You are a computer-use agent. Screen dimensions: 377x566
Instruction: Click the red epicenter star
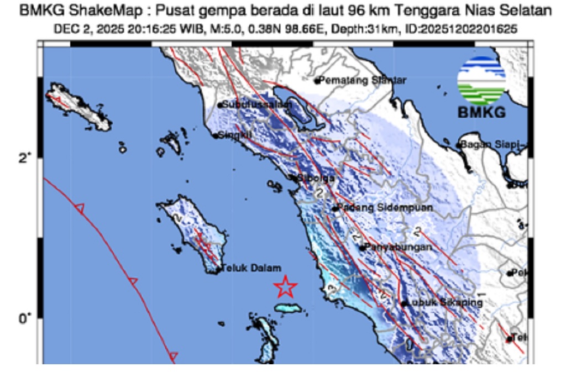click(286, 286)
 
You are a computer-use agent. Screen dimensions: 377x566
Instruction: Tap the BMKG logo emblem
click(481, 81)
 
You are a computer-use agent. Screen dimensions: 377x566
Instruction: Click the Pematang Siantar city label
click(363, 81)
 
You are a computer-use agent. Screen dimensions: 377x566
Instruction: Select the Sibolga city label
click(316, 178)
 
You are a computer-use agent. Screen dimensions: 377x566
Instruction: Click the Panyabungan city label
click(397, 247)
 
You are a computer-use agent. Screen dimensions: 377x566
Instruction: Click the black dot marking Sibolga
click(294, 177)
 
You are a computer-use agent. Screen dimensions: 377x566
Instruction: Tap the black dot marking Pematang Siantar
click(317, 81)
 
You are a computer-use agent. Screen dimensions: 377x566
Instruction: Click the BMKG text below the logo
click(481, 113)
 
